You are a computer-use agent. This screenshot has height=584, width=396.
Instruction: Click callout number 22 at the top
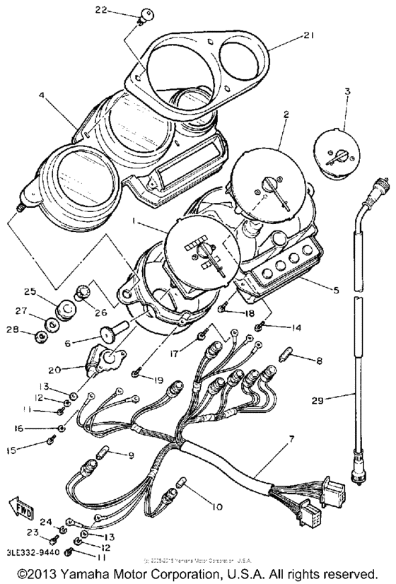tap(102, 10)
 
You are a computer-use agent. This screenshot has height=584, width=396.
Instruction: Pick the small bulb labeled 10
tap(181, 483)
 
